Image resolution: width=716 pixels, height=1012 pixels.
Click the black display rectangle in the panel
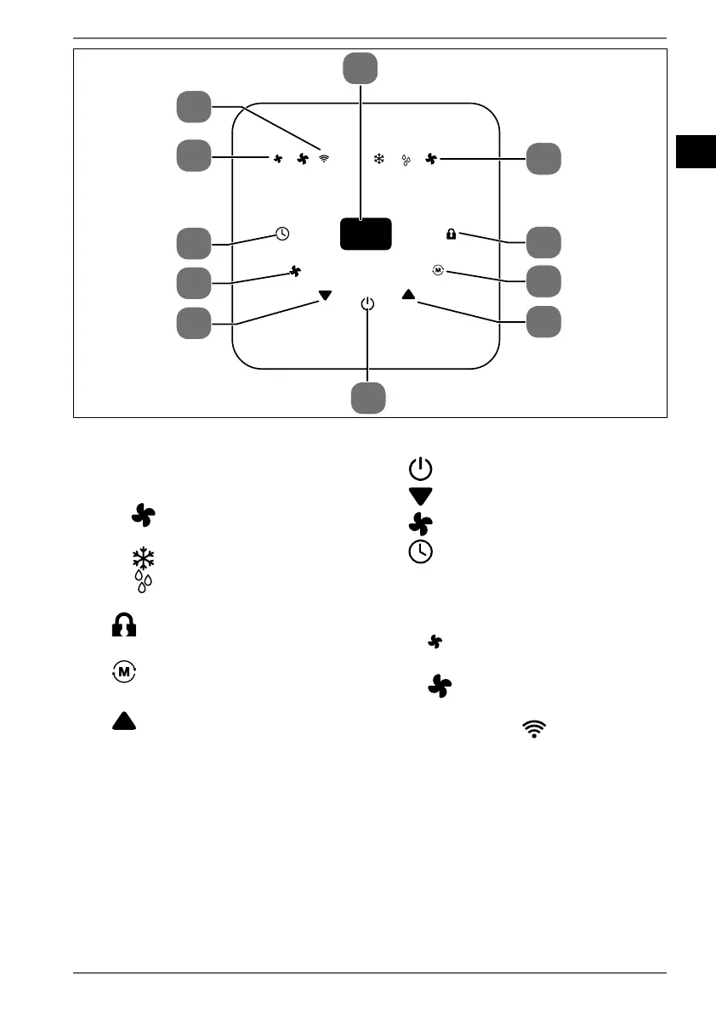point(366,234)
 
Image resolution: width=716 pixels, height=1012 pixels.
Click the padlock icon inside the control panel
point(451,235)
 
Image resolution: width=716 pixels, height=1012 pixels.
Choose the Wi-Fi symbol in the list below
point(534,726)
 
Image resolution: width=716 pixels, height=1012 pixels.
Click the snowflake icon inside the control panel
point(379,158)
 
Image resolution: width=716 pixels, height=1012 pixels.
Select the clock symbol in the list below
point(421,551)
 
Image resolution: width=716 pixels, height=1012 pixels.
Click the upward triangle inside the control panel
point(408,294)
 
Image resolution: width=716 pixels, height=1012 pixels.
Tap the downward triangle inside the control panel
point(325,296)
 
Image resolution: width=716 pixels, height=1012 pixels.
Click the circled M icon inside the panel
point(438,270)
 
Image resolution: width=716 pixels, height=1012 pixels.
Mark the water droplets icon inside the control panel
point(406,159)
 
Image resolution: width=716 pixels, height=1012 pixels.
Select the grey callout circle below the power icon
point(368,398)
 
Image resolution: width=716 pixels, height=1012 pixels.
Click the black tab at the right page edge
point(696,151)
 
